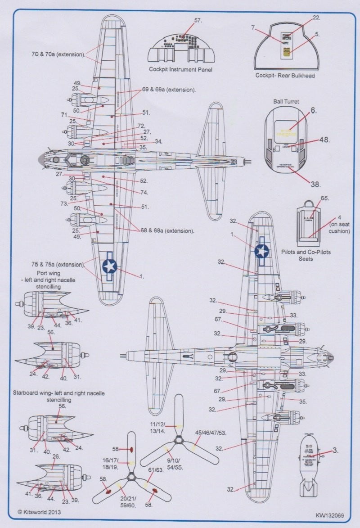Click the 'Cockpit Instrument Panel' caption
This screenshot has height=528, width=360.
(180, 70)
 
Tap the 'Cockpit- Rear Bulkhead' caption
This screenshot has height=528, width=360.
(285, 76)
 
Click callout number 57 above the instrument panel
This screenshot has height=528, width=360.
(198, 21)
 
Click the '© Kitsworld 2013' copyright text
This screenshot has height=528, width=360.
(40, 512)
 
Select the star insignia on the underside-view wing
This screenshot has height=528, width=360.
(261, 251)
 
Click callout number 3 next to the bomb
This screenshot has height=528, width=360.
(335, 450)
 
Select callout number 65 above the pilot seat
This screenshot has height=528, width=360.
(324, 198)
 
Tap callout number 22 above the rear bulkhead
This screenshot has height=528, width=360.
(316, 18)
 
